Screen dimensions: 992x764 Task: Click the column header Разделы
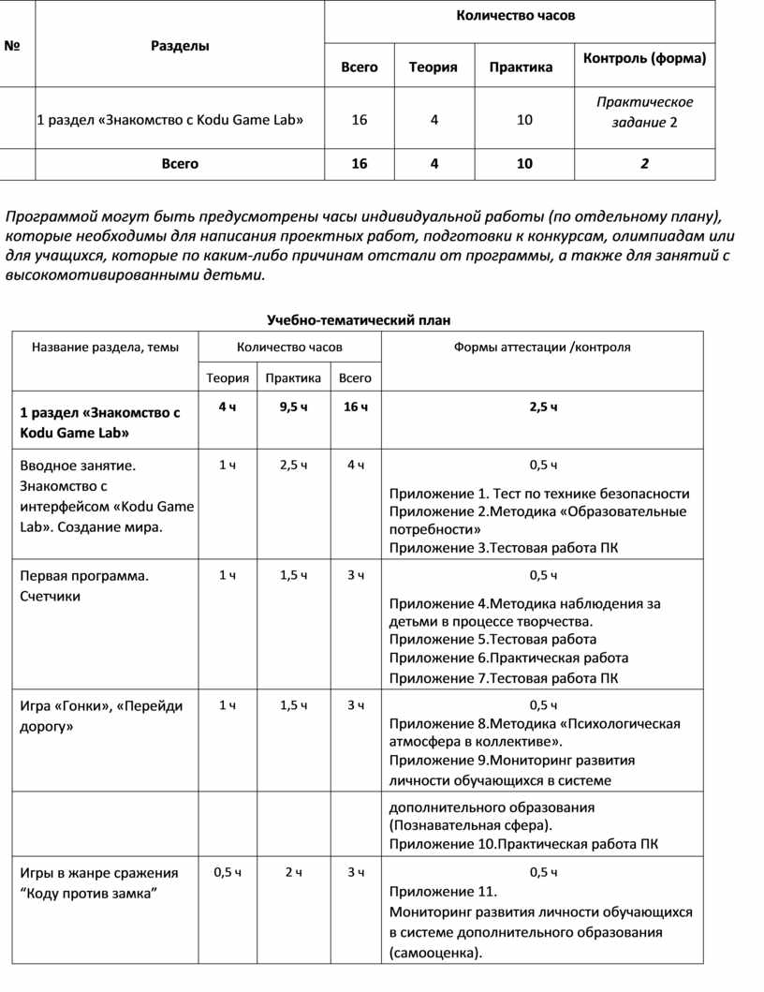click(x=180, y=46)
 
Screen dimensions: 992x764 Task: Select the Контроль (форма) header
click(x=644, y=59)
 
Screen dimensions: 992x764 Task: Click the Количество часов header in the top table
click(x=516, y=16)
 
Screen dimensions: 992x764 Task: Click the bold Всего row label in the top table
click(x=180, y=164)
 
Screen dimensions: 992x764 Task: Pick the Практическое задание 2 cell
click(x=645, y=112)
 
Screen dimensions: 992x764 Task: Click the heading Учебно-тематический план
click(x=353, y=320)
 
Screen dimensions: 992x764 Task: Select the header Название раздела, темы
click(x=105, y=347)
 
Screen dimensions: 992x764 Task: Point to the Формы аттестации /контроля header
click(x=542, y=347)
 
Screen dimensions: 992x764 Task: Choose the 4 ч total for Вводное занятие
click(x=356, y=465)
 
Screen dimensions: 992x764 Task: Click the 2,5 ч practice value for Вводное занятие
click(x=293, y=465)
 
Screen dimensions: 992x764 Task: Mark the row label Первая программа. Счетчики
click(x=83, y=585)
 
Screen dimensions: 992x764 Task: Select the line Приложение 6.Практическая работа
click(x=508, y=659)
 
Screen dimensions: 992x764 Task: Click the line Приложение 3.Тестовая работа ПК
click(x=504, y=548)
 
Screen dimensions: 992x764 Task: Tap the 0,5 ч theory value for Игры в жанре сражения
click(x=228, y=872)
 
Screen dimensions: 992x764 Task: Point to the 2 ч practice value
click(x=293, y=872)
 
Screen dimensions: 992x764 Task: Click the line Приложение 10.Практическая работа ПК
click(x=523, y=844)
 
